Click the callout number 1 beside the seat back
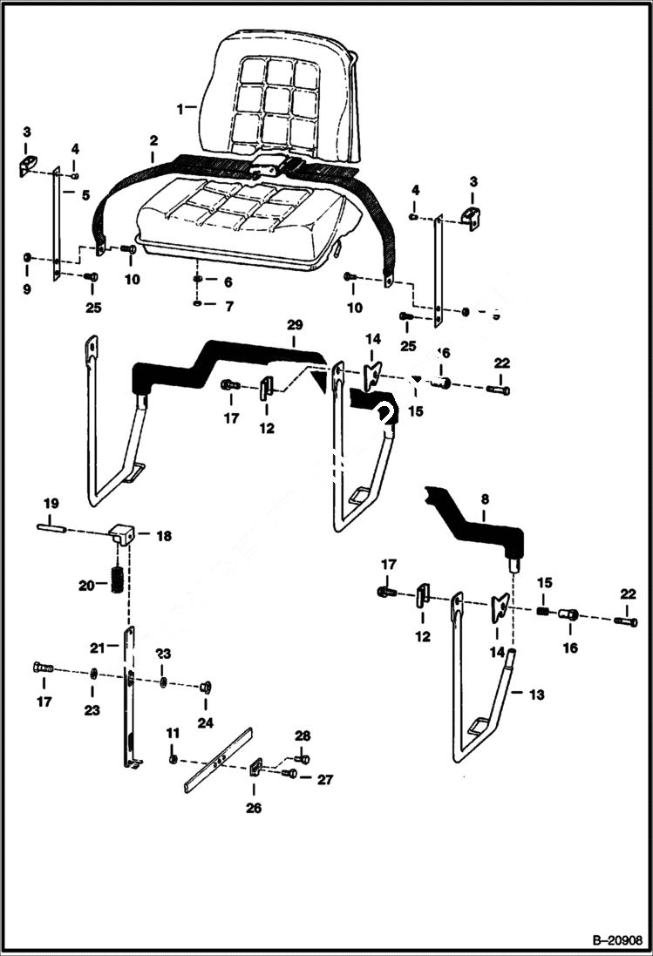[x=180, y=109]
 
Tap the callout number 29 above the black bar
[x=295, y=324]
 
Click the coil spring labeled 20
[x=116, y=580]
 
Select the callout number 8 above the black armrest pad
[x=486, y=501]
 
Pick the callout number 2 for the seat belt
[x=153, y=139]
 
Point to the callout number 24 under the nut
[x=207, y=722]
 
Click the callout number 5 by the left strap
[x=85, y=196]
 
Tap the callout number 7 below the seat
[x=229, y=307]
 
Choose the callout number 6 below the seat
[x=228, y=282]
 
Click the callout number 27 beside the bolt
[x=324, y=780]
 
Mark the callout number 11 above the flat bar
[x=173, y=734]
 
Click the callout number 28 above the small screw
[x=302, y=736]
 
